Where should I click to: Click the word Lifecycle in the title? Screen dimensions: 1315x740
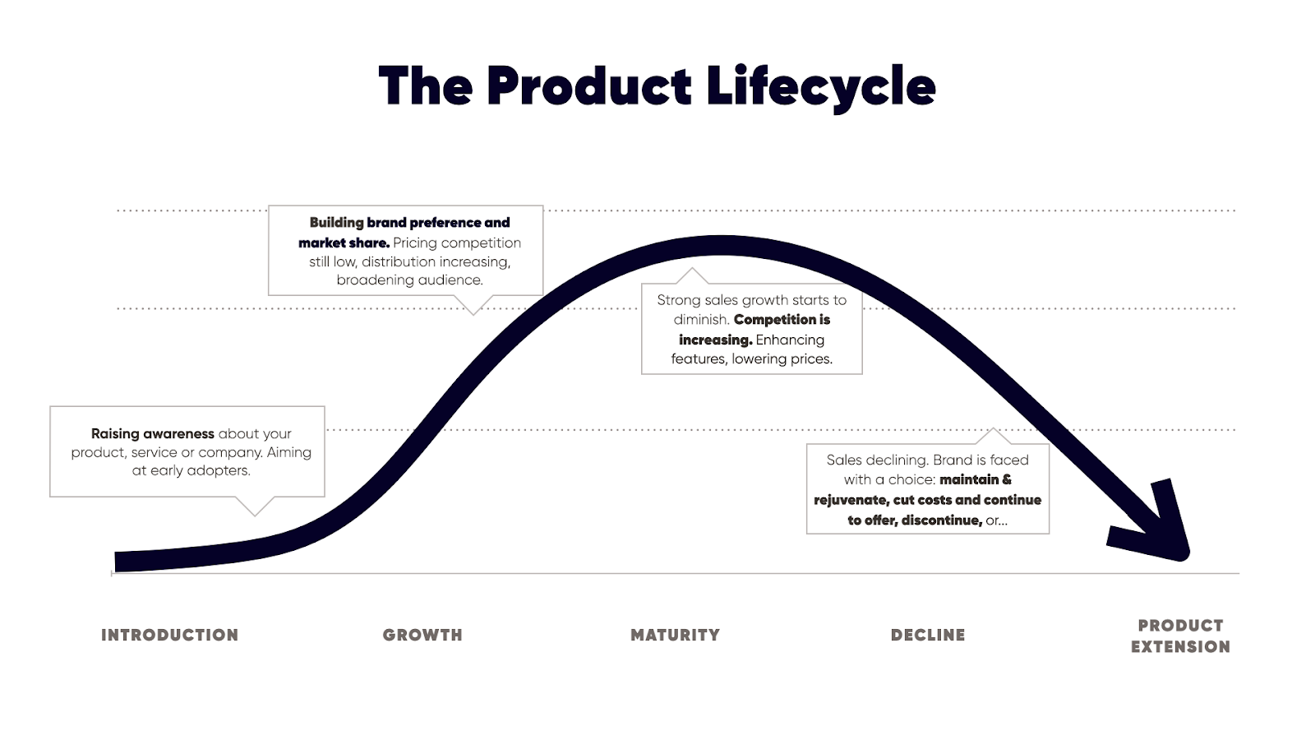pos(821,87)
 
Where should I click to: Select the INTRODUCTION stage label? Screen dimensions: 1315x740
pos(169,635)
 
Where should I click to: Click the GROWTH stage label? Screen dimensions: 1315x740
pos(422,635)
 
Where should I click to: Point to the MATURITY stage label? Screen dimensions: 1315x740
pos(675,635)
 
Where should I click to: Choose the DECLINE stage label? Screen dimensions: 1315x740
pos(928,635)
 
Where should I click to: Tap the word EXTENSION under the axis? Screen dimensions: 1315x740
pos(1180,646)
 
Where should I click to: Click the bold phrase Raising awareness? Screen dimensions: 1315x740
pos(153,434)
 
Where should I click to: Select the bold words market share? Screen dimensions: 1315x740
pos(344,243)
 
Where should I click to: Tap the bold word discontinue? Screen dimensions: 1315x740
pos(942,520)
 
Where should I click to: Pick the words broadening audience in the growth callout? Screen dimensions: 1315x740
pos(410,280)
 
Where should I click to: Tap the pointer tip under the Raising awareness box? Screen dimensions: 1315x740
pos(255,516)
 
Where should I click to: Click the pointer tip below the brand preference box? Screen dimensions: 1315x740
pos(473,314)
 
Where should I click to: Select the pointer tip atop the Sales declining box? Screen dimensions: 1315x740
pos(994,428)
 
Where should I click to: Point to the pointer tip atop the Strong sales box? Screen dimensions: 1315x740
pos(691,268)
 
